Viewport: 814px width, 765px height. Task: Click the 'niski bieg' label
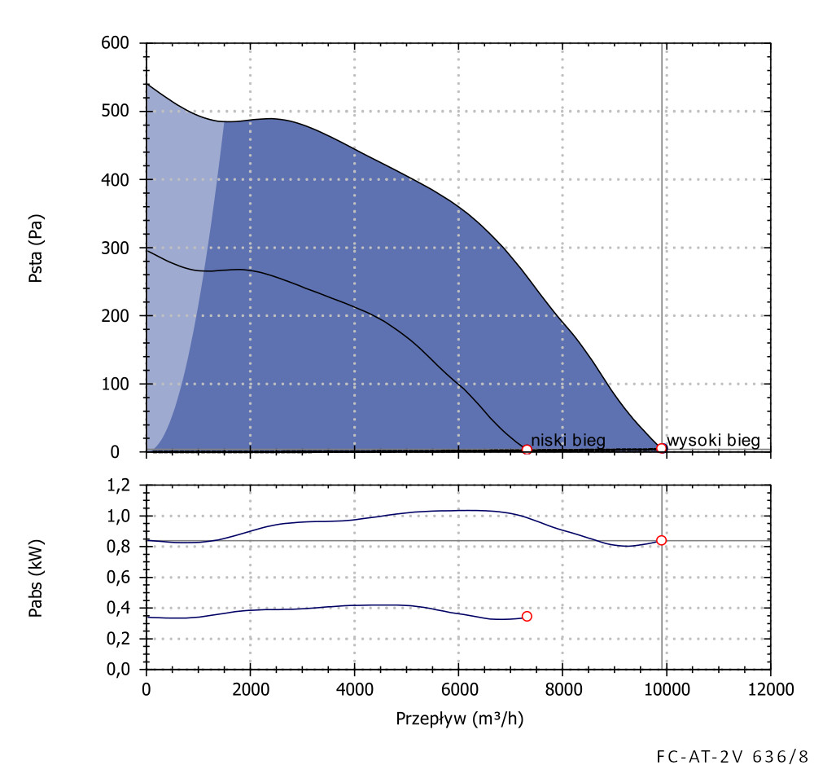click(567, 441)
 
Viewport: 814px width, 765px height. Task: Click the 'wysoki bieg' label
click(713, 441)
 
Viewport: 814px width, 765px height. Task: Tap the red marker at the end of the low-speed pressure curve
click(527, 449)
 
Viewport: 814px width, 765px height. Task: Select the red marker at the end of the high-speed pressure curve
click(662, 448)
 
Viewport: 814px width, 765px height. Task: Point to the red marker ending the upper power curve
click(662, 540)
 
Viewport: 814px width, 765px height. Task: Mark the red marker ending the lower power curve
click(527, 616)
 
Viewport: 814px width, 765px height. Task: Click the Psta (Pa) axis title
click(37, 248)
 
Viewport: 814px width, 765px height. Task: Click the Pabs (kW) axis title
click(37, 577)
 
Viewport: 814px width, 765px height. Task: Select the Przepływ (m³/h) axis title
click(458, 719)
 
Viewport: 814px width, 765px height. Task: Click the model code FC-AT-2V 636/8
click(732, 754)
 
